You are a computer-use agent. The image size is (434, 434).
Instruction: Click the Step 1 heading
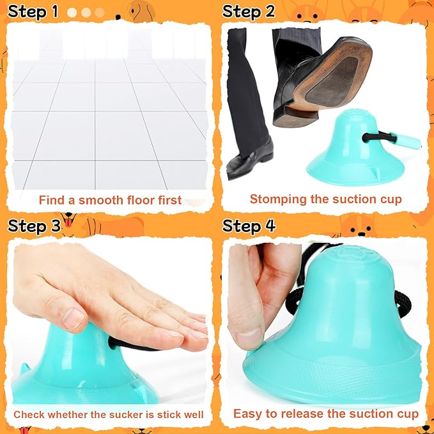(33, 12)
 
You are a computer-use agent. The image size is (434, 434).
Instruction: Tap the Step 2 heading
(249, 12)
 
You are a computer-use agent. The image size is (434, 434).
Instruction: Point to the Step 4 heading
(249, 226)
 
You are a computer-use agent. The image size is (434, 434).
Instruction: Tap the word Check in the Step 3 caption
(27, 415)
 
